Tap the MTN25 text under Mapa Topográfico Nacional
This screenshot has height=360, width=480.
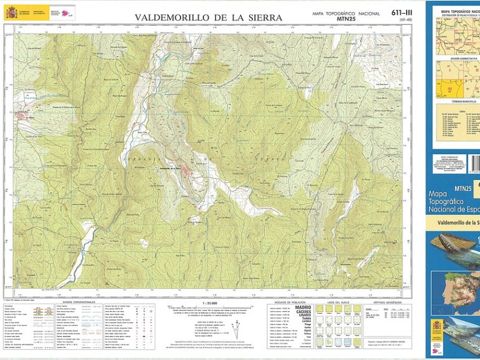click(346, 20)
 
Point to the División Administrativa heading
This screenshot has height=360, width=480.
click(454, 58)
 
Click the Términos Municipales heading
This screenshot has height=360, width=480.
click(454, 103)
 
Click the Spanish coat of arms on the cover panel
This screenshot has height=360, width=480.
click(437, 327)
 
